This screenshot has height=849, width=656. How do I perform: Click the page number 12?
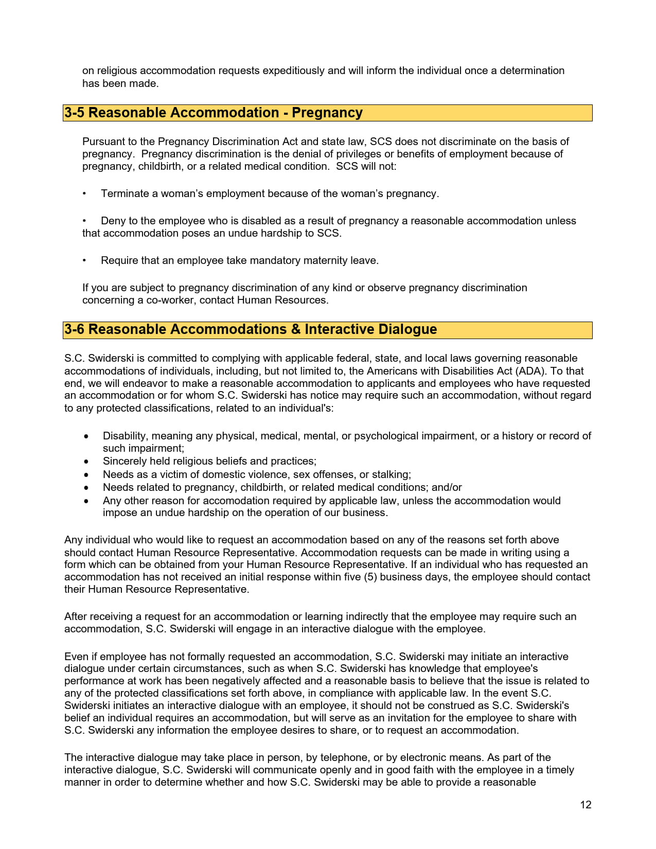tap(586, 805)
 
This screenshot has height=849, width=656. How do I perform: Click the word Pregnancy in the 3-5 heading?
tap(327, 113)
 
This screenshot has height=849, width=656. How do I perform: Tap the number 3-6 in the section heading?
tap(74, 329)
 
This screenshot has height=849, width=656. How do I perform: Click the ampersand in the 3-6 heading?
tap(295, 329)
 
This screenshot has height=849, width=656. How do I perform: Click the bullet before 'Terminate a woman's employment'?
tap(84, 193)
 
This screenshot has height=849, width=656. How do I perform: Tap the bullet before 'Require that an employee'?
tap(84, 260)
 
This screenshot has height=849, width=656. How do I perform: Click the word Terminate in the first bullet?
tap(125, 193)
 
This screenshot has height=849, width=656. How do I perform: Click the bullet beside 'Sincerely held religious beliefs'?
tap(86, 462)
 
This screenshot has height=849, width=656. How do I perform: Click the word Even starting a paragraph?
tap(76, 657)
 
